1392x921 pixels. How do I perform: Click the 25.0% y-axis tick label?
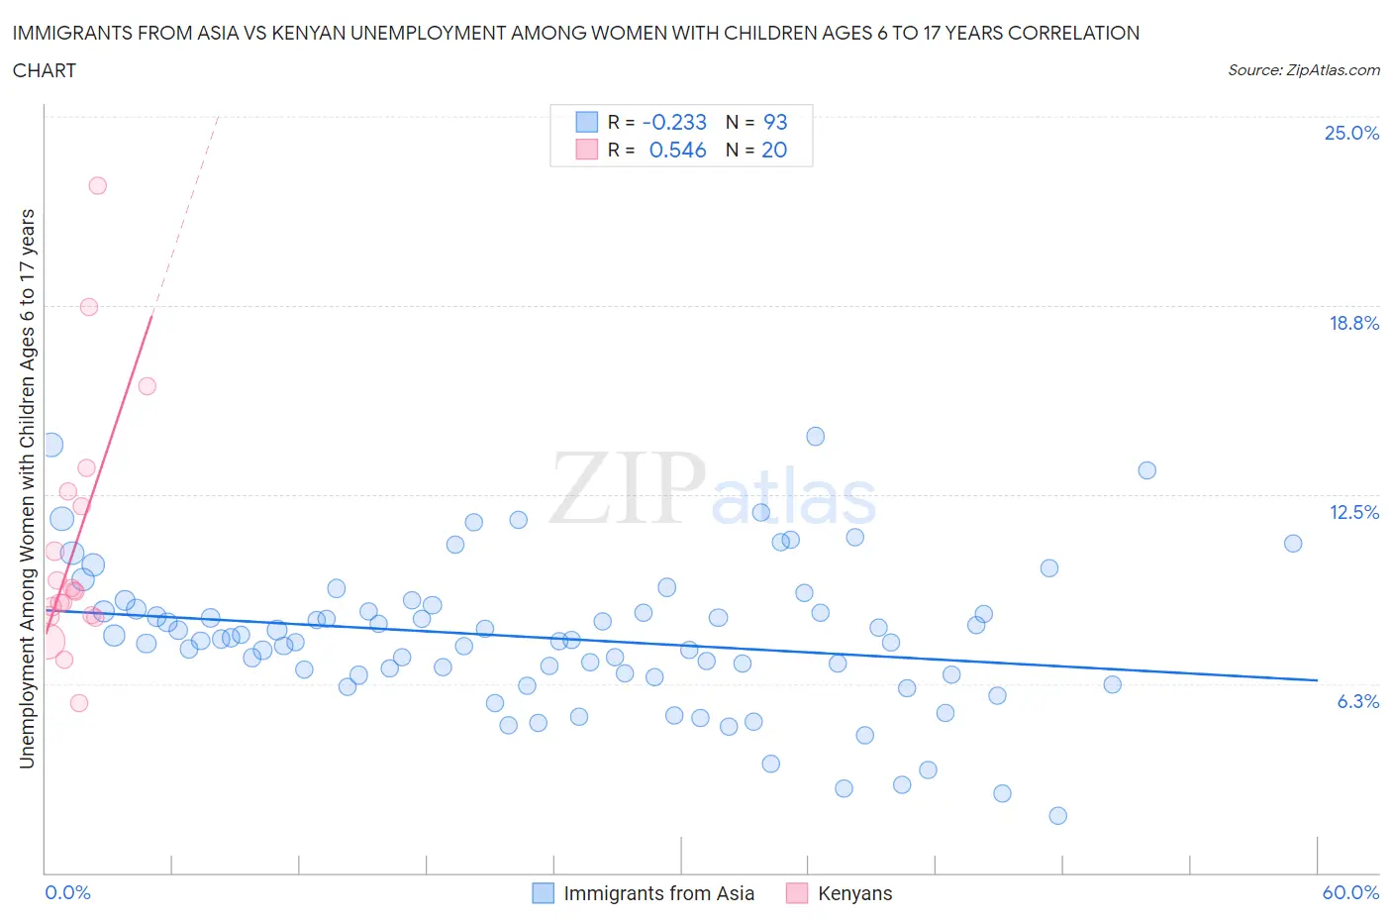[x=1351, y=133]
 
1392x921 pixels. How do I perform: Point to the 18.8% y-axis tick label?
[x=1353, y=323]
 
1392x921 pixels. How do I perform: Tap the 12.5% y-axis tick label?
[x=1353, y=512]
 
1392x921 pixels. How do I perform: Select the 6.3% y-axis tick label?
[x=1357, y=701]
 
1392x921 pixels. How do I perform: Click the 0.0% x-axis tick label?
[x=67, y=892]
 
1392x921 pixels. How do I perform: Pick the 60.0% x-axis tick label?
[x=1350, y=892]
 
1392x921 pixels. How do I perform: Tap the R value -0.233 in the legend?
[x=674, y=122]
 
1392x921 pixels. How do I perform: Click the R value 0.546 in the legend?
[x=677, y=150]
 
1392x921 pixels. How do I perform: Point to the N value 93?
[x=775, y=122]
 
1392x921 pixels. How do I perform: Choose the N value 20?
[x=774, y=150]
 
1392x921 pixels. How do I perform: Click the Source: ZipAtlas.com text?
[x=1303, y=69]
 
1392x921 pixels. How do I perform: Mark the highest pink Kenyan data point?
[x=97, y=185]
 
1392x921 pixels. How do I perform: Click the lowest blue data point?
[x=1057, y=815]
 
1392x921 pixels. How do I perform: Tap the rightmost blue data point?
[x=1292, y=543]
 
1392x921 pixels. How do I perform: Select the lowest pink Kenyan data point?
[x=79, y=702]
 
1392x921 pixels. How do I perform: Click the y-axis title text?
[x=27, y=488]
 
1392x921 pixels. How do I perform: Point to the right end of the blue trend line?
[x=1317, y=679]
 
